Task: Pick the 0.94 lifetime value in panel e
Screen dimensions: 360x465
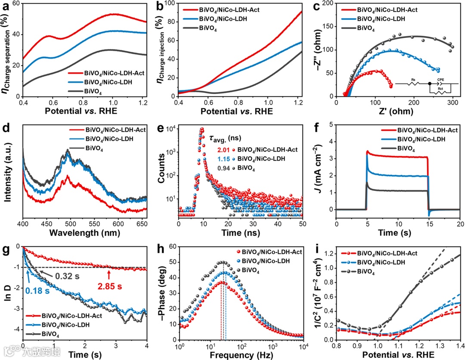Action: click(223, 169)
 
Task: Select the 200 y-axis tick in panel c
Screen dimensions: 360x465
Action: click(328, 3)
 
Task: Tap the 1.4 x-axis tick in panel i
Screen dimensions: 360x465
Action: click(460, 346)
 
